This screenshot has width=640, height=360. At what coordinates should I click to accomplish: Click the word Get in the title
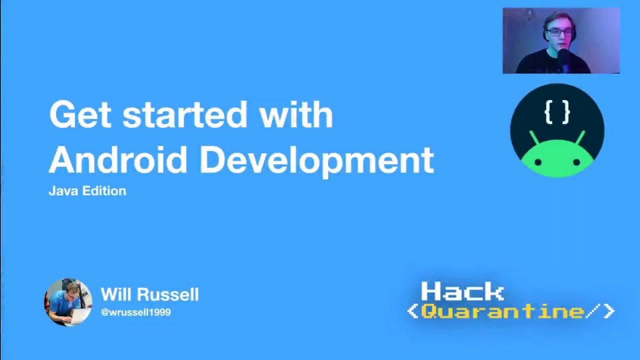[x=79, y=115]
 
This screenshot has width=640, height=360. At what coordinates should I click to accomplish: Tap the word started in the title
[x=185, y=115]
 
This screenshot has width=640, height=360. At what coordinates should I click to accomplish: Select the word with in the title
[x=295, y=115]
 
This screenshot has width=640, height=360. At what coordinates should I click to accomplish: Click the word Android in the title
[x=118, y=160]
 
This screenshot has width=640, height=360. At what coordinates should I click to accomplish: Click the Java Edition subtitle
[x=87, y=191]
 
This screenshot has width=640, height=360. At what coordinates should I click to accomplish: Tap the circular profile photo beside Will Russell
[x=68, y=302]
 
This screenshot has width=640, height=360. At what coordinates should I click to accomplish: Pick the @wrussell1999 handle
[x=136, y=312]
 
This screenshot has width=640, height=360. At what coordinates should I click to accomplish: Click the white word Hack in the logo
[x=462, y=292]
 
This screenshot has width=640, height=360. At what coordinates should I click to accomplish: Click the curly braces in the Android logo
[x=557, y=112]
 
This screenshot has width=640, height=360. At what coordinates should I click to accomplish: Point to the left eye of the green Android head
[x=538, y=162]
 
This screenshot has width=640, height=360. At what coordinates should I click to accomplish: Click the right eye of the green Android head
[x=576, y=162]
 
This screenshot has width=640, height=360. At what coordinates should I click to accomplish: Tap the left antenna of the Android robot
[x=534, y=137]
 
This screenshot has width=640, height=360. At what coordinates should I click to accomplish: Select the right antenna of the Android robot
[x=581, y=137]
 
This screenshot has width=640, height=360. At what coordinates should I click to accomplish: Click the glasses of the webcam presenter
[x=559, y=33]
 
